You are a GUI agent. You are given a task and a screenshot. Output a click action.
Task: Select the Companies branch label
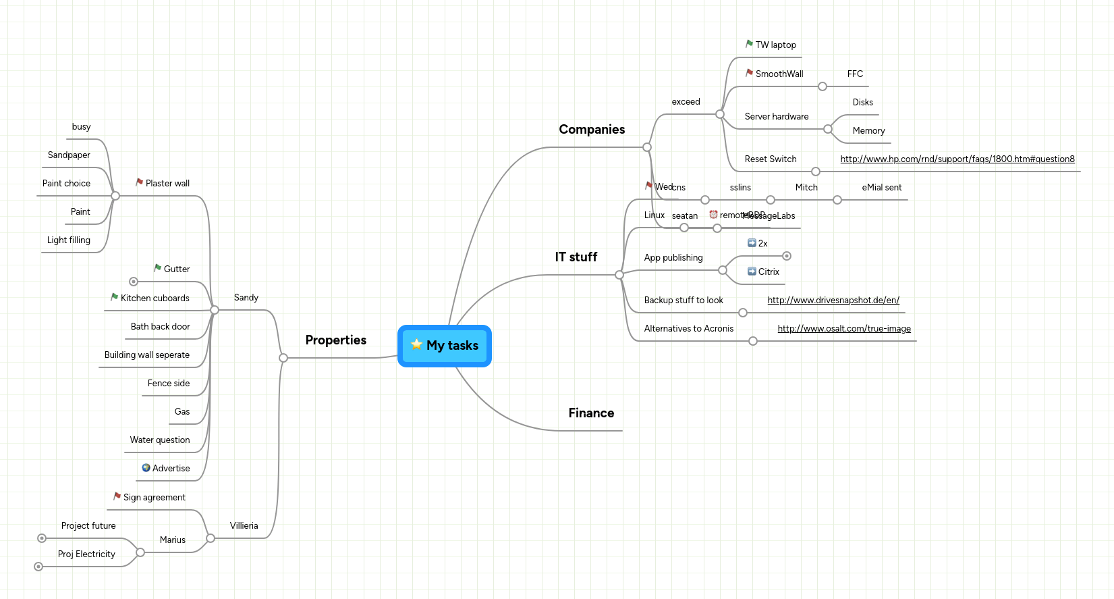click(592, 130)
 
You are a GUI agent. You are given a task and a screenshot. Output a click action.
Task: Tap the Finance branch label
click(591, 413)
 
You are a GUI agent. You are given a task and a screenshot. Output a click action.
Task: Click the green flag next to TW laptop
click(749, 44)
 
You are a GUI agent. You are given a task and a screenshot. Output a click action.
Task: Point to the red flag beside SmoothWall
click(749, 73)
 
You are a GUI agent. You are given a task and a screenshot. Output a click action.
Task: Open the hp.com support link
click(957, 159)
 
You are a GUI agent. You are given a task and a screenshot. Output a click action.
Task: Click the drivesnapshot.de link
click(833, 301)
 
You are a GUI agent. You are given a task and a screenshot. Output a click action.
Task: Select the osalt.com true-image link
click(843, 329)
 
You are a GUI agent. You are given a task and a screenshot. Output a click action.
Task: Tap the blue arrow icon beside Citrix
click(752, 271)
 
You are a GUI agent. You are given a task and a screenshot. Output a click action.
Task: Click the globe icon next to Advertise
click(146, 468)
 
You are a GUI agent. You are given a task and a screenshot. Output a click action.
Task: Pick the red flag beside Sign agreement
click(117, 496)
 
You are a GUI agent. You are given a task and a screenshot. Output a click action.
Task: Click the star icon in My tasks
click(416, 344)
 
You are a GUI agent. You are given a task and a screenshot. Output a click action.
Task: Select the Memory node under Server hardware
click(868, 131)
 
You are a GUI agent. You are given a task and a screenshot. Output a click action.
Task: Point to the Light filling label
click(69, 240)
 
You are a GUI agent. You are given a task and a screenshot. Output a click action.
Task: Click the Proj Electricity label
click(86, 554)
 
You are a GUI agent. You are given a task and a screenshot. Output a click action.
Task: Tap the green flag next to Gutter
click(157, 268)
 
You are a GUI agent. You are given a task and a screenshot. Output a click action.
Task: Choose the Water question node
click(160, 440)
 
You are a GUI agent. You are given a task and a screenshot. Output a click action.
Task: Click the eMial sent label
click(881, 188)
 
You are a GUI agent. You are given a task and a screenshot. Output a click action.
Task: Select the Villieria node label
click(244, 526)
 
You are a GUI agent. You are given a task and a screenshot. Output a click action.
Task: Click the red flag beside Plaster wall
click(139, 182)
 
